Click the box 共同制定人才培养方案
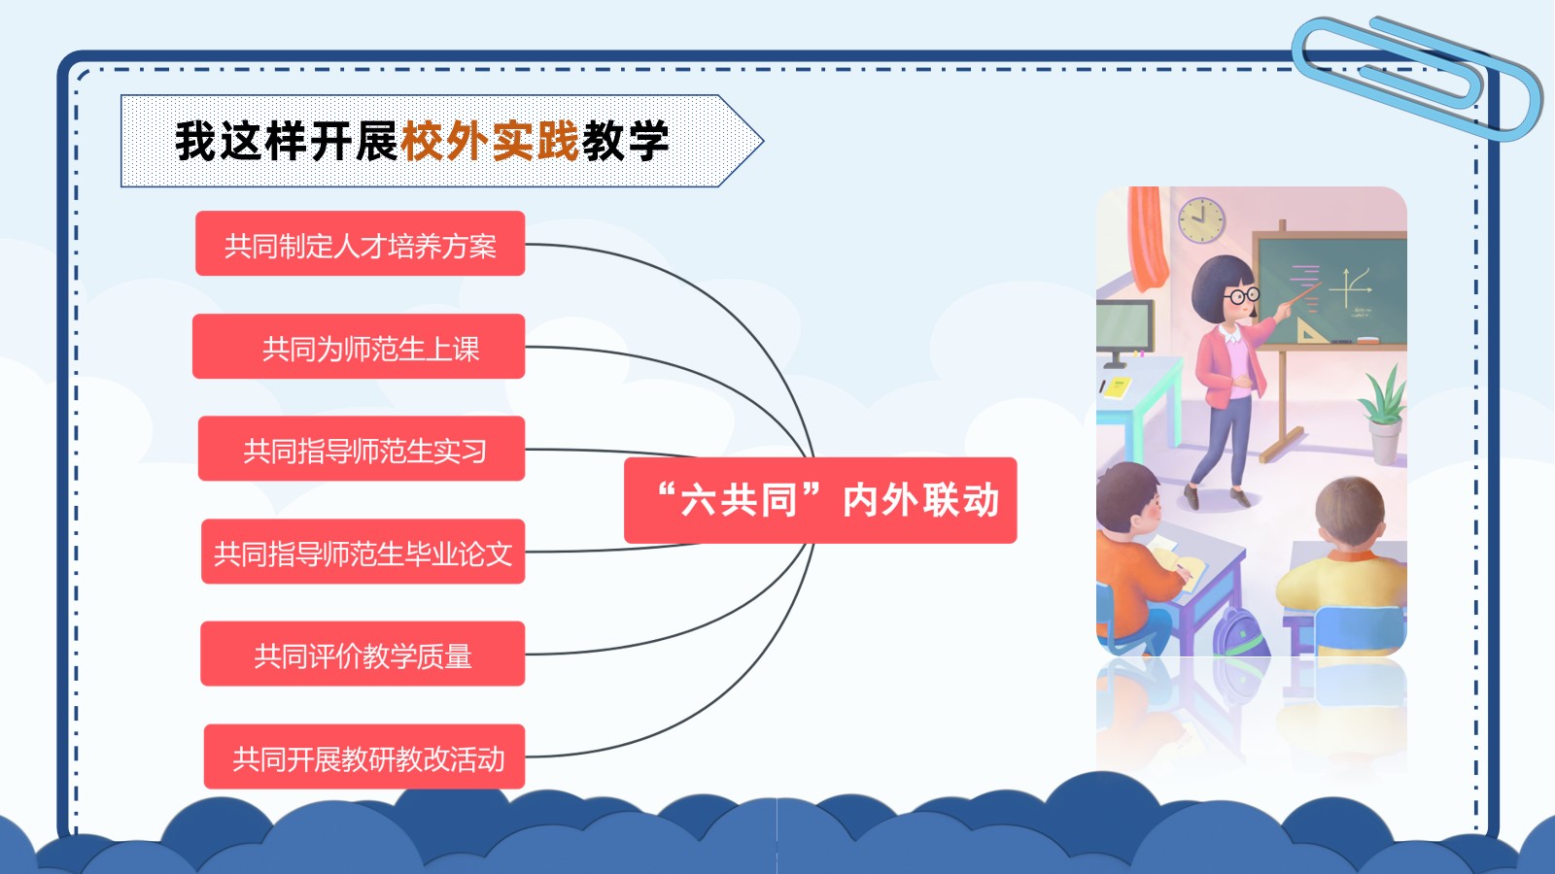tap(360, 244)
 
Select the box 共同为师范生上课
tap(359, 346)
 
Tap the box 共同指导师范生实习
tap(361, 449)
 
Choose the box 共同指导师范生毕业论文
tap(363, 552)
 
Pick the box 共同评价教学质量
tap(363, 654)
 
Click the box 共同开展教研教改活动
tap(363, 756)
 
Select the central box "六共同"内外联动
tap(820, 500)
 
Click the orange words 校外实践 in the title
tap(490, 141)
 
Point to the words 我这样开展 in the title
tap(287, 141)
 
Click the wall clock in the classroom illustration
tap(1201, 219)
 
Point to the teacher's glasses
tap(1241, 296)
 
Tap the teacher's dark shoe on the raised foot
tap(1192, 496)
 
